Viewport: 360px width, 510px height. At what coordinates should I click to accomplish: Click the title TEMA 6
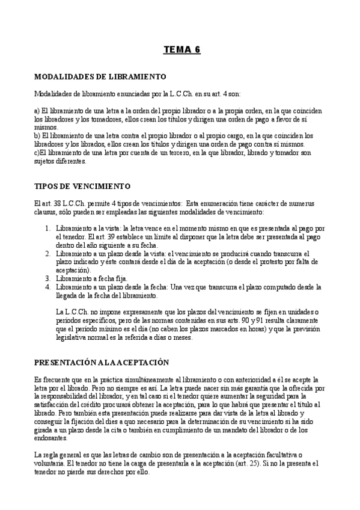point(182,50)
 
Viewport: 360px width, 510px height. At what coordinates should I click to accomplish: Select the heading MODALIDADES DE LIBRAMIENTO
point(100,77)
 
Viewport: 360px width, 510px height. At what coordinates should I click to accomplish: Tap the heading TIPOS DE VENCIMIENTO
point(82,186)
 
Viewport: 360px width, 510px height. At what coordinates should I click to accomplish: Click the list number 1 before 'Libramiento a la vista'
point(48,229)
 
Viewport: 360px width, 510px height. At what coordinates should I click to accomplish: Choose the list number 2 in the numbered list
point(48,254)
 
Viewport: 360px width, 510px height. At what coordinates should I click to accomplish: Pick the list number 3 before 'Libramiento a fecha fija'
point(48,279)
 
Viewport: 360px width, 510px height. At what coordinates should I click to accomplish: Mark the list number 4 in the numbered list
point(48,287)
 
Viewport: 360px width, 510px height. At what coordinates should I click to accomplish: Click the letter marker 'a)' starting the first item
point(37,111)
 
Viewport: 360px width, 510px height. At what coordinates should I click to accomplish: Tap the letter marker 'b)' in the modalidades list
point(37,136)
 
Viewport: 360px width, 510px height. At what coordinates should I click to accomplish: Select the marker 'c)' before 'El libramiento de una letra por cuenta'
point(37,153)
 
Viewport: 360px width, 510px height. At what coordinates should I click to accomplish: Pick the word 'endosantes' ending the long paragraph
point(53,438)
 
